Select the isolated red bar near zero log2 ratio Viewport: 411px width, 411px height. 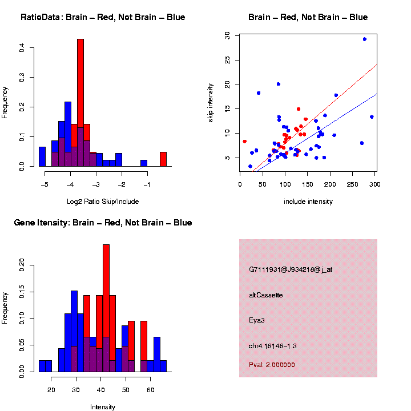pos(163,159)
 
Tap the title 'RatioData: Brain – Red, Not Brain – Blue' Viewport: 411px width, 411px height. pos(103,17)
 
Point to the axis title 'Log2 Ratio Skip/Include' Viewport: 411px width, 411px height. pos(103,202)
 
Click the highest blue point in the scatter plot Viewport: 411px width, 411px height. pos(364,39)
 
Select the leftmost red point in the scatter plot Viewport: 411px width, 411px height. pos(244,141)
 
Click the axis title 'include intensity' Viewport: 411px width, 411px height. pos(308,202)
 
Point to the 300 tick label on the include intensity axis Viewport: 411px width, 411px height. pos(374,184)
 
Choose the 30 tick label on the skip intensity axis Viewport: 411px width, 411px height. pos(227,35)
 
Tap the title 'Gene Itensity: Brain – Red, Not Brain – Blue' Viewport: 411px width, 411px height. pos(103,223)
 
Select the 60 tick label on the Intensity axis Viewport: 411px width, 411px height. pos(150,390)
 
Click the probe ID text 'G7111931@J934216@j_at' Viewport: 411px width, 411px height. pos(291,269)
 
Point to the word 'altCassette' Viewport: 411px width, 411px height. pos(266,295)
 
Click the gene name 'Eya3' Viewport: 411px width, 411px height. pos(257,320)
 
